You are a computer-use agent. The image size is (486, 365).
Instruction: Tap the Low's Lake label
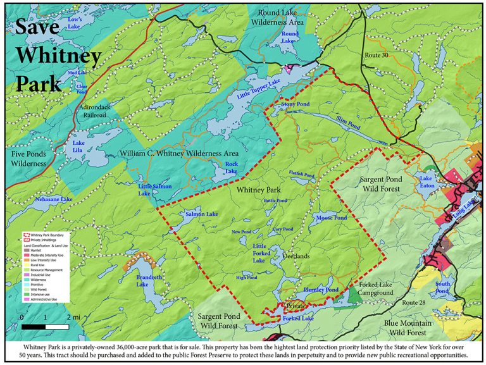point(75,23)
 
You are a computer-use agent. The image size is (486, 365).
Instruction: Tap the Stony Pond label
point(295,104)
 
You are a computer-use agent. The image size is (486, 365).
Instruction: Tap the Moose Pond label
point(331,218)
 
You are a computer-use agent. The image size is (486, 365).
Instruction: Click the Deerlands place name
point(296,256)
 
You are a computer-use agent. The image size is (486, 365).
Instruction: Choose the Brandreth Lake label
point(151,280)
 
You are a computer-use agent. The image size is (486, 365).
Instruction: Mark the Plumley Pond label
point(321,290)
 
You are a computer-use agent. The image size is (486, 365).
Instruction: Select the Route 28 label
point(414,303)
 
